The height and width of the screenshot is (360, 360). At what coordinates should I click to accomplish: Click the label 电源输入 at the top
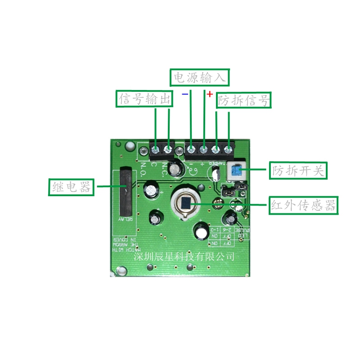coord(200,78)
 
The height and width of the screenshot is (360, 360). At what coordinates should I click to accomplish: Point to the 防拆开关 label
coord(298,171)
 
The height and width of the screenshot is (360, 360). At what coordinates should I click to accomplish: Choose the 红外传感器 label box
coord(303,206)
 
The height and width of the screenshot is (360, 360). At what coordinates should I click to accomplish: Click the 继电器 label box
coord(71,186)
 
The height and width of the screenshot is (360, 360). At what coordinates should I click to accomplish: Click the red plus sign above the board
coord(210,94)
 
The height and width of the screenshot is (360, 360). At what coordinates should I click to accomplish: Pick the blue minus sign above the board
coord(185,94)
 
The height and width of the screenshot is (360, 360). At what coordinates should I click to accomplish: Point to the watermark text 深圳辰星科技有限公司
coord(184,256)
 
